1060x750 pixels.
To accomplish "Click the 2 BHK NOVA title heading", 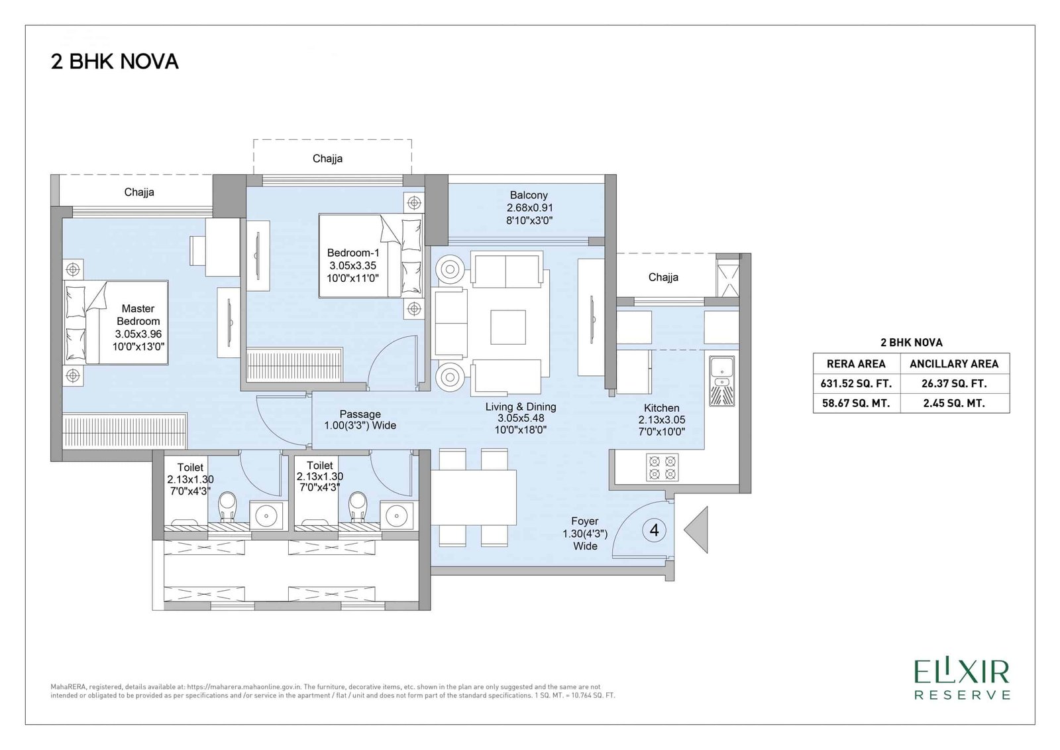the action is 115,62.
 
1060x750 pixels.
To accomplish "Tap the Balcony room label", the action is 529,208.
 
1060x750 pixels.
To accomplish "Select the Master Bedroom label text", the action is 138,328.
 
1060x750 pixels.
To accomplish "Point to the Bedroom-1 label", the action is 353,265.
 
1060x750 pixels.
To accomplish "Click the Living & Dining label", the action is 521,418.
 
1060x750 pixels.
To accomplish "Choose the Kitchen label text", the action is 662,420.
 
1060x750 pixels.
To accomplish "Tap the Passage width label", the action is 360,420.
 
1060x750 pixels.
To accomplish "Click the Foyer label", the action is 585,533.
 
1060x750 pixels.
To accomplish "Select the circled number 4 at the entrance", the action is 655,530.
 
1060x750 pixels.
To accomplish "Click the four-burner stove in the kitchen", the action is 662,468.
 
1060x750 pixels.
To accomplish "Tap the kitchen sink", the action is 721,381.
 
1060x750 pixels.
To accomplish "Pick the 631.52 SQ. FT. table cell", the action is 856,383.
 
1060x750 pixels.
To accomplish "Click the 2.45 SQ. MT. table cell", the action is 954,403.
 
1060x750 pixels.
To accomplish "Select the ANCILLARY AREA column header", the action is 954,364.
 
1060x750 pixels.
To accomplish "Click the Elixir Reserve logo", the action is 963,680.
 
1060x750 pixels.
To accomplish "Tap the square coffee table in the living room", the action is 508,327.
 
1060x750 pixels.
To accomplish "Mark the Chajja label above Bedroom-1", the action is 327,158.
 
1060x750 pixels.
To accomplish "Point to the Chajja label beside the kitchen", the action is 663,277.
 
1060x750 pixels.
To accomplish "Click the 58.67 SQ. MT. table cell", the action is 856,403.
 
